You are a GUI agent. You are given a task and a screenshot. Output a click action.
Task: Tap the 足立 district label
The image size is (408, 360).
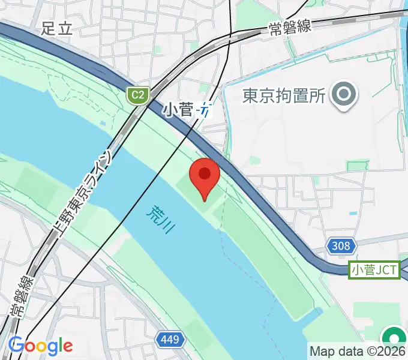58,28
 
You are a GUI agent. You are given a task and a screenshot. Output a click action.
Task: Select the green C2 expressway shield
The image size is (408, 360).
138,94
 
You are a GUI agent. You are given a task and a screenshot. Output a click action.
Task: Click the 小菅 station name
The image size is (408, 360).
178,110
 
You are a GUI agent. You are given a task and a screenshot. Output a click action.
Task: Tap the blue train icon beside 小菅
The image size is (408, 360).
205,110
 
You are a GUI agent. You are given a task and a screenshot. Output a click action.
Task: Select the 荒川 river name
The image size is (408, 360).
158,220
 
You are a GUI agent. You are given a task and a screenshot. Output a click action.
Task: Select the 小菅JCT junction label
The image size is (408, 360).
374,270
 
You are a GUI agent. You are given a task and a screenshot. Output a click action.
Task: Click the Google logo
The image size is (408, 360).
40,346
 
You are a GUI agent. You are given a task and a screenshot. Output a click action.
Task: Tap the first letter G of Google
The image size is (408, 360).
16,345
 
